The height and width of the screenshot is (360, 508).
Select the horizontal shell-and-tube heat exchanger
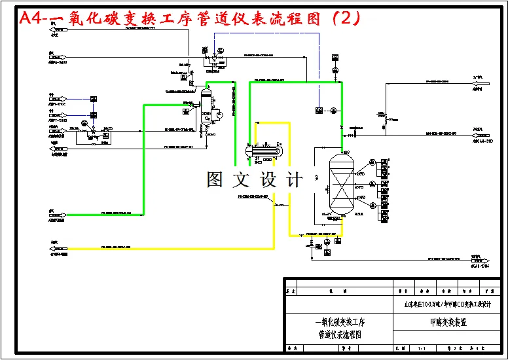coord(266,151)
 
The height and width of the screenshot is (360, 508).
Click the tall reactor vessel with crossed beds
coord(341,183)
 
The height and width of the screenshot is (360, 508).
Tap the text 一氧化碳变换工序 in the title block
coord(339,322)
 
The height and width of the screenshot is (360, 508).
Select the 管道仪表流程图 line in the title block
coord(339,334)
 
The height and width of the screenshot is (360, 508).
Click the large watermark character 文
coord(242,179)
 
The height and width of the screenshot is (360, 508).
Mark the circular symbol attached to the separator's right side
coord(219,113)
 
